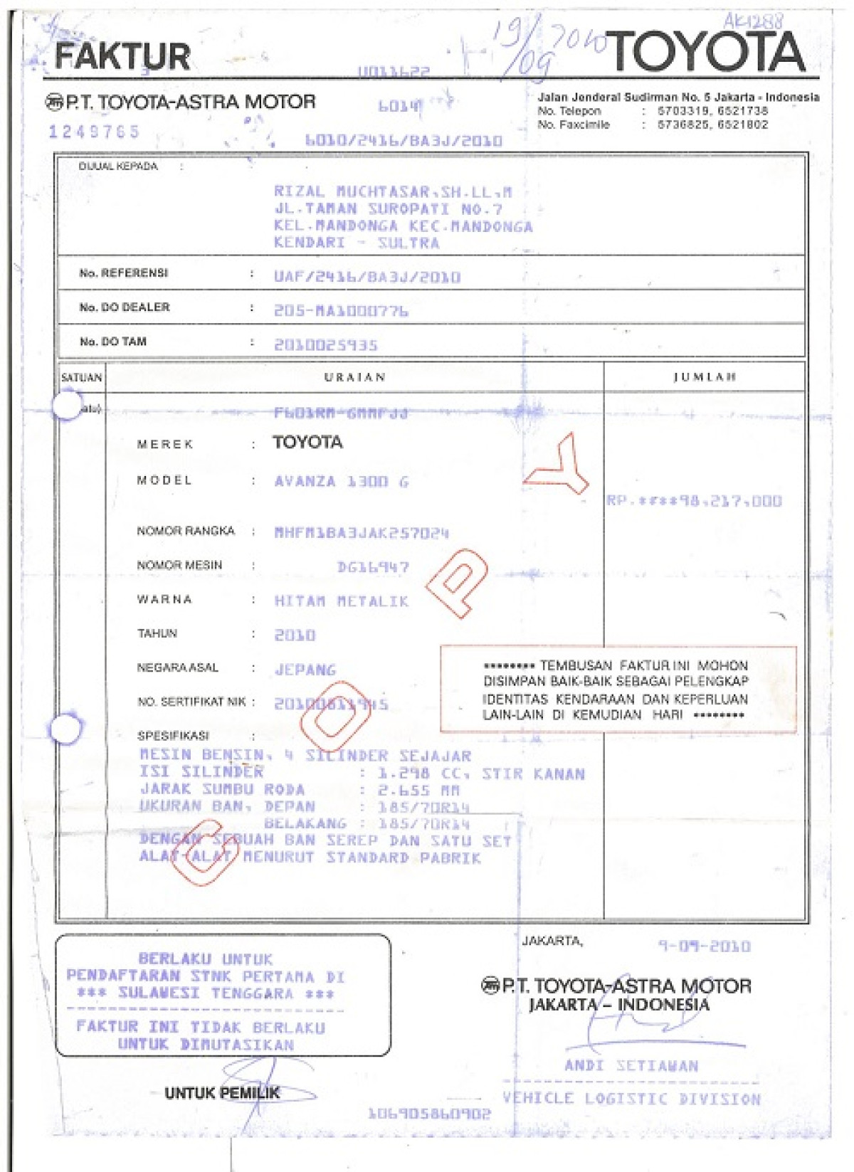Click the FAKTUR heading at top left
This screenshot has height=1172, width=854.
pos(122,57)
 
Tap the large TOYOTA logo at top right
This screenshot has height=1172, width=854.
pos(706,51)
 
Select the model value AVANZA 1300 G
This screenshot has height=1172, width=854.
pos(342,482)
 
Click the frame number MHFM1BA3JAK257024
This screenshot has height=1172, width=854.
pos(362,533)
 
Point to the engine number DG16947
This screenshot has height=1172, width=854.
pos(373,568)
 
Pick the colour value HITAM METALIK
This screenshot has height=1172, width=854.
pos(342,602)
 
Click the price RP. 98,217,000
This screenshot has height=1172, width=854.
pos(694,501)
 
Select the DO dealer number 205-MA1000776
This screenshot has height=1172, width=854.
pos(341,311)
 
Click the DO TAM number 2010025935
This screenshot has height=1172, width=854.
pos(326,345)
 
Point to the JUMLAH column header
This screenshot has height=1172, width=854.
pos(705,377)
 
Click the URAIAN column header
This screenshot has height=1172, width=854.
pos(354,377)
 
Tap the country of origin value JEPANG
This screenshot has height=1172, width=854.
pos(305,670)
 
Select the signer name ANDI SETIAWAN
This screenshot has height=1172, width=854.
pos(631,1066)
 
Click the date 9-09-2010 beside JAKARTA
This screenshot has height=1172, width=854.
pos(704,946)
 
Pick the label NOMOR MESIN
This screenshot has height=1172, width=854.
pos(179,566)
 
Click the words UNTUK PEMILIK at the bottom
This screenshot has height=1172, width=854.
pos(222,1093)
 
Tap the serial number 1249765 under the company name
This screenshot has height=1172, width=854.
pos(94,132)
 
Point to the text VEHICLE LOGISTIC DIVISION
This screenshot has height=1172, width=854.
pos(632,1099)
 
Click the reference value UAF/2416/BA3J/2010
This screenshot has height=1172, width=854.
pos(367,277)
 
